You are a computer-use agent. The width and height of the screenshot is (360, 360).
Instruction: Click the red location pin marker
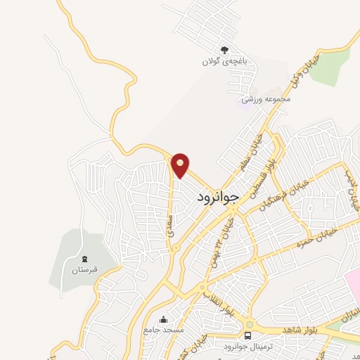pos(181,165)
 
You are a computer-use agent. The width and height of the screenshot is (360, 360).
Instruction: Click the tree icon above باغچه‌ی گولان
pos(224,49)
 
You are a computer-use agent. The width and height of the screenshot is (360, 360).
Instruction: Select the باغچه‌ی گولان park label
pos(224,61)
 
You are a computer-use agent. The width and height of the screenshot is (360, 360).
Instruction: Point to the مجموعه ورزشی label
pos(266,99)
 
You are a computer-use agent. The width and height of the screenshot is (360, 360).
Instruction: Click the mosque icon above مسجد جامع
pos(164,319)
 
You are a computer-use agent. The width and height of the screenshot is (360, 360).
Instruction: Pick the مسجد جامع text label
pos(164,329)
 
